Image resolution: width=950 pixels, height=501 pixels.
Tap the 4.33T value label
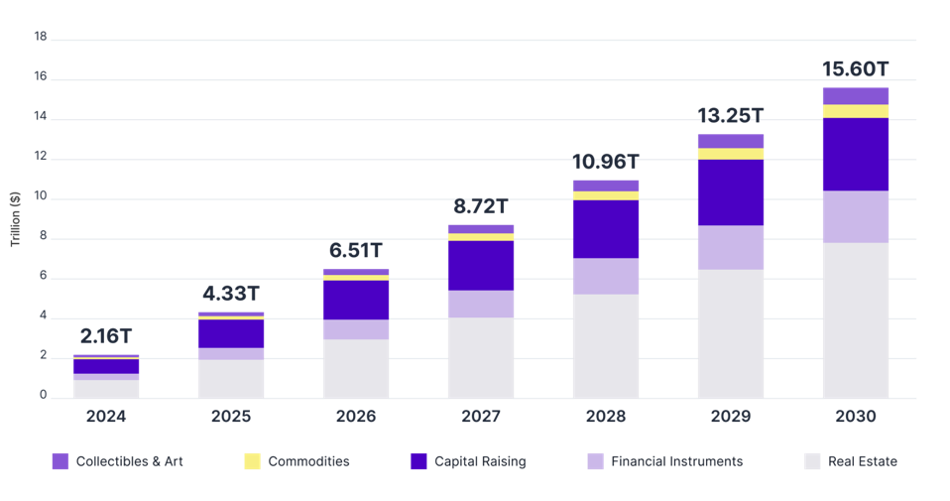(230, 295)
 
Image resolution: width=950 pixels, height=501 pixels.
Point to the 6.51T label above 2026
(355, 251)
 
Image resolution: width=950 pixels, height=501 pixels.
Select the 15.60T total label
(855, 69)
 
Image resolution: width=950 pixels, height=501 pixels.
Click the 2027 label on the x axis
(480, 417)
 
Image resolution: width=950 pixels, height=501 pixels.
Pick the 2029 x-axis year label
(730, 417)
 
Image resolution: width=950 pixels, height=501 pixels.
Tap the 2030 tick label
(855, 417)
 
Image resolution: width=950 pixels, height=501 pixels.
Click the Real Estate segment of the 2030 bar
(855, 319)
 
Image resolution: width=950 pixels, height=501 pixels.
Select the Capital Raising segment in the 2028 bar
(605, 229)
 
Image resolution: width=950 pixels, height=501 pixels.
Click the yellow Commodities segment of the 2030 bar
(855, 111)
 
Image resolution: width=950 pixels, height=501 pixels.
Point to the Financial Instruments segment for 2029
(730, 247)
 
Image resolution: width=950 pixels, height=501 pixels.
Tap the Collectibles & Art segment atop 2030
(855, 95)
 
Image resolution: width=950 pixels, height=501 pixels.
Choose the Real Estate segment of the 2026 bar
(355, 368)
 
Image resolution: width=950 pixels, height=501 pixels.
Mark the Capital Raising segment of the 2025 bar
(230, 333)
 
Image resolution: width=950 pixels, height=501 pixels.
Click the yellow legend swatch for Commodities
(252, 461)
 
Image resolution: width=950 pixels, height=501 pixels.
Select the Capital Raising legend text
(479, 461)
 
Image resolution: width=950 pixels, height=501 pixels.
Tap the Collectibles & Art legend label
(129, 461)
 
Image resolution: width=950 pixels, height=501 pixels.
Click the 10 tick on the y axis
(41, 198)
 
